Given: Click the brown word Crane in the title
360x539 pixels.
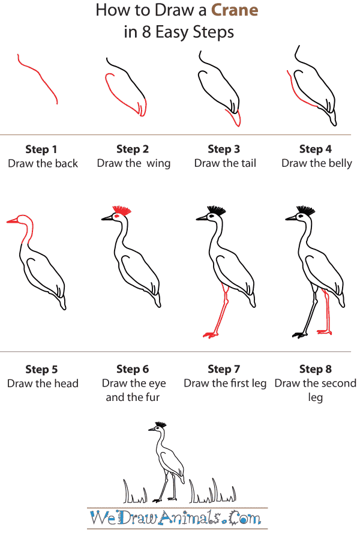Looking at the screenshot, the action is pyautogui.click(x=235, y=10).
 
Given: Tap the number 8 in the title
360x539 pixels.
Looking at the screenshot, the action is pyautogui.click(x=146, y=32).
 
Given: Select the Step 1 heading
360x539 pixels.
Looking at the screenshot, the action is pyautogui.click(x=41, y=149).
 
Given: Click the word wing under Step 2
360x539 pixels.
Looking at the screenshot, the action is pyautogui.click(x=158, y=164).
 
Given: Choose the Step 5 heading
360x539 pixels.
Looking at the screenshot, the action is pyautogui.click(x=41, y=370).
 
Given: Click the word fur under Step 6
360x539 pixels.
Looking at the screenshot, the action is pyautogui.click(x=152, y=397).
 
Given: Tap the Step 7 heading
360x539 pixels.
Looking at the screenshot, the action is pyautogui.click(x=224, y=369).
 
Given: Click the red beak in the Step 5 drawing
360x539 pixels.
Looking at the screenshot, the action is pyautogui.click(x=13, y=221).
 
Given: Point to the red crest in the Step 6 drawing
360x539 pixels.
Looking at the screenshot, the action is pyautogui.click(x=122, y=210).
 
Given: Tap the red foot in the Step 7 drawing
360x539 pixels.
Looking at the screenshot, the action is pyautogui.click(x=210, y=334).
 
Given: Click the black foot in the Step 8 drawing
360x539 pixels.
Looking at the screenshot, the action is pyautogui.click(x=299, y=335).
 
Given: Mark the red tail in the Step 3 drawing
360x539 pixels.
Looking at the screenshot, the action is pyautogui.click(x=234, y=118).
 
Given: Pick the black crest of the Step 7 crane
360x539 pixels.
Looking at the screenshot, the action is pyautogui.click(x=217, y=210).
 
